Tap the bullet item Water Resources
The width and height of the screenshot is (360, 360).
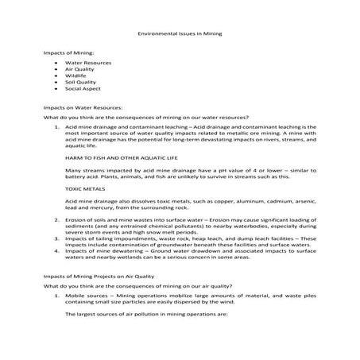pyautogui.click(x=87, y=62)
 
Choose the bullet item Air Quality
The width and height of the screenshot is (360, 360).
pyautogui.click(x=81, y=68)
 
